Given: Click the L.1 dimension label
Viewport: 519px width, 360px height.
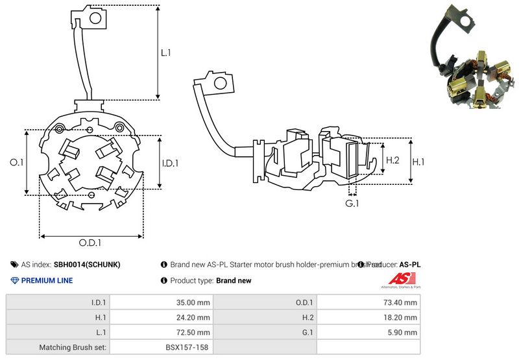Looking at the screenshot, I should [x=166, y=54].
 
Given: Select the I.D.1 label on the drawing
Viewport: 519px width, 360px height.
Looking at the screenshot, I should [x=171, y=163].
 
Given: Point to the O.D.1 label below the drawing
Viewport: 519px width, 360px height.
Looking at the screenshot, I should [x=91, y=243].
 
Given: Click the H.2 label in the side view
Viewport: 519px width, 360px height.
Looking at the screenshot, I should [x=392, y=160].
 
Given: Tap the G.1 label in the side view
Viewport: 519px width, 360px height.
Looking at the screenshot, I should [x=352, y=204].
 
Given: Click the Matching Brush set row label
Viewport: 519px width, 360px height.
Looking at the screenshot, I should [x=74, y=347].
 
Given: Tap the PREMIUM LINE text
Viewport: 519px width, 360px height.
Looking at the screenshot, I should [x=47, y=280].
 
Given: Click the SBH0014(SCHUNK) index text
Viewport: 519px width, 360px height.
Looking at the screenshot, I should [x=86, y=265].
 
